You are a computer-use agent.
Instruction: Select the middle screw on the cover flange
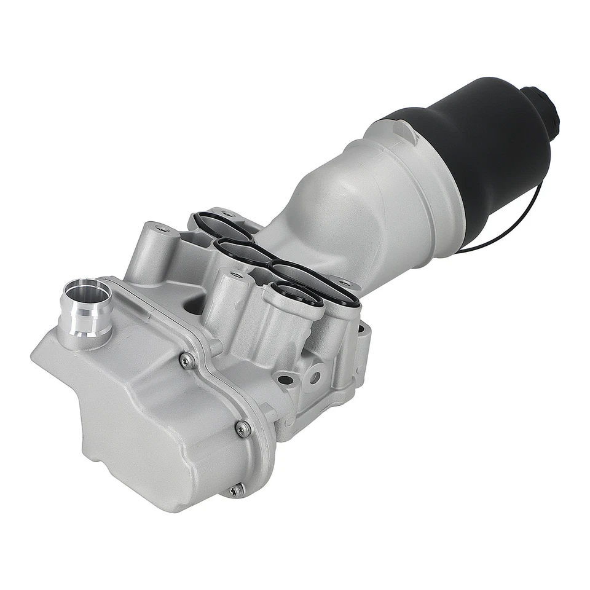pos(244,428)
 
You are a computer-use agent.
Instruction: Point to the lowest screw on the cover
pos(235,490)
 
